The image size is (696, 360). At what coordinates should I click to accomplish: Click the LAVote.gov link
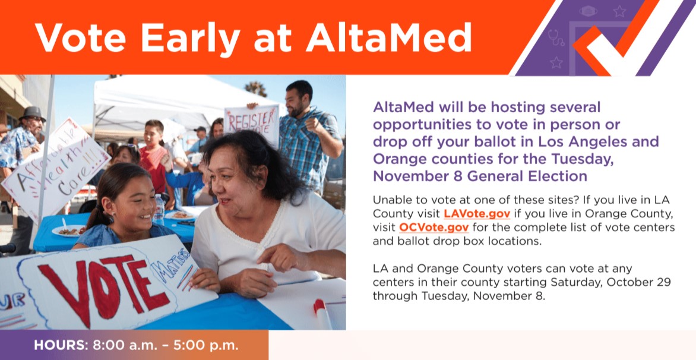point(477,213)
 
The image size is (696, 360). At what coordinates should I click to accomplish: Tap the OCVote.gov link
point(434,228)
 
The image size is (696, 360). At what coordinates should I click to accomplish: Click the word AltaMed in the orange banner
point(389,37)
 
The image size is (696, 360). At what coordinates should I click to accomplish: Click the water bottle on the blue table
point(159,209)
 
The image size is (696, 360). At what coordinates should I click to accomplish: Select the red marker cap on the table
point(319,306)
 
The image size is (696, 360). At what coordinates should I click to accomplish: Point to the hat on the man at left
point(31,113)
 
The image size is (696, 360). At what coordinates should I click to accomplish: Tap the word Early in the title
point(191,39)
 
